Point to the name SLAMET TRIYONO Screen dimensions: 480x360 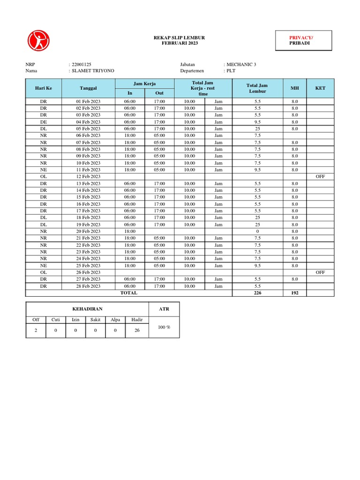93,71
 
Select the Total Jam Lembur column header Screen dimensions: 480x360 257,88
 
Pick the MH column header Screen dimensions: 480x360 295,88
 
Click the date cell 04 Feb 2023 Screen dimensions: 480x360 88,122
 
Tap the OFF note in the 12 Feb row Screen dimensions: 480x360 320,177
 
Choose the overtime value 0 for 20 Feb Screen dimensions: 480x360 257,231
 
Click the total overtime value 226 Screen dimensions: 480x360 257,293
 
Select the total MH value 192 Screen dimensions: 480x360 295,293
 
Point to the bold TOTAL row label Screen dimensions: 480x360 129,293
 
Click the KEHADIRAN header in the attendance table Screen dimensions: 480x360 87,309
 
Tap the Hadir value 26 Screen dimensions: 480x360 136,330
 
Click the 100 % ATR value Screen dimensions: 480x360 164,327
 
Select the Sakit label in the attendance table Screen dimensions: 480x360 96,320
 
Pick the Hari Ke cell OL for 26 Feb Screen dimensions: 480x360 44,272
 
